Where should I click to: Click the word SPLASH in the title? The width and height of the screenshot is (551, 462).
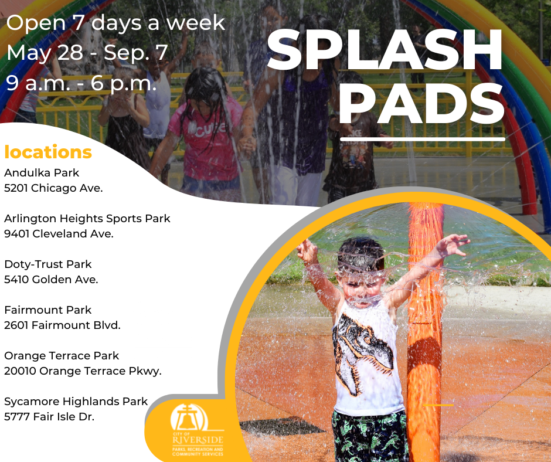(385, 52)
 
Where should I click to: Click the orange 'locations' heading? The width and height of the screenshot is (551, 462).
(48, 152)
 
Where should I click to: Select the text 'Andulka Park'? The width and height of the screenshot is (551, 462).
(42, 173)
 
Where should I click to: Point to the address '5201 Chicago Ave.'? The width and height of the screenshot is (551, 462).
(53, 188)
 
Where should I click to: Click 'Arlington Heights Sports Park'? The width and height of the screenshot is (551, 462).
(87, 219)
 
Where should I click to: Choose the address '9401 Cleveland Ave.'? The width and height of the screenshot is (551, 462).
(59, 233)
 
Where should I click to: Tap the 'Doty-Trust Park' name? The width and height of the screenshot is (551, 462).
(48, 264)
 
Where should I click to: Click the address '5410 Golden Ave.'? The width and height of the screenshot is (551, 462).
(51, 279)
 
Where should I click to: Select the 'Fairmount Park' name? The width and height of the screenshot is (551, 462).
(48, 310)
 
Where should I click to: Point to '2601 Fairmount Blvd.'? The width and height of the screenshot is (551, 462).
(62, 325)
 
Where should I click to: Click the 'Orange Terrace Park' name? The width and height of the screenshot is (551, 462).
(62, 355)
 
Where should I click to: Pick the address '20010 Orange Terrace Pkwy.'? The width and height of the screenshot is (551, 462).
(83, 371)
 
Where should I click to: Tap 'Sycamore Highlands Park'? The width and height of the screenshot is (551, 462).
(76, 402)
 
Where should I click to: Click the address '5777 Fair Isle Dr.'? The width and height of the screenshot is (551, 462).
(49, 417)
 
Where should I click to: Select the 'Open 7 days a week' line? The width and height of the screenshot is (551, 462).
(115, 22)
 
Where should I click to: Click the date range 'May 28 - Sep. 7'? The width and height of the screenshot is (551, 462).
(87, 53)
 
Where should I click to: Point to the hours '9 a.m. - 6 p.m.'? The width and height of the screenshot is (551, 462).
(81, 83)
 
